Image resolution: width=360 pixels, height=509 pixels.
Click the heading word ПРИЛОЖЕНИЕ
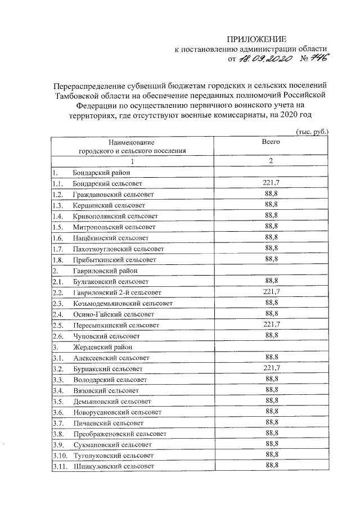coord(256,39)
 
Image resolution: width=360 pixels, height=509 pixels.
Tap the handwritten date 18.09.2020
coord(264,58)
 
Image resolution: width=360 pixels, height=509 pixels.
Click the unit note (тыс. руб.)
coord(312,132)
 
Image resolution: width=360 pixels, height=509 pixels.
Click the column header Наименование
coord(132,143)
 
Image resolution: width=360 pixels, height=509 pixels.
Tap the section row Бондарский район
coord(101,173)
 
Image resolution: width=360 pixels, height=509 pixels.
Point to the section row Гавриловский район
coord(103,270)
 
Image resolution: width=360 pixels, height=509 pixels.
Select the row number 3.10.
coord(60,455)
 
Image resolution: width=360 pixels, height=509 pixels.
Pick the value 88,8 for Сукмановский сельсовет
coord(272,444)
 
